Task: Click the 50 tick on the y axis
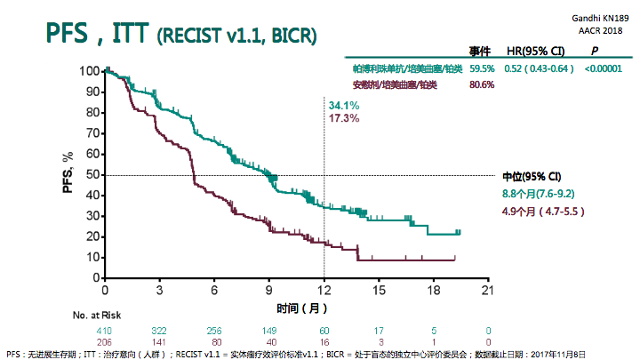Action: coord(92,175)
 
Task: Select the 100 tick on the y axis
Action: coord(89,71)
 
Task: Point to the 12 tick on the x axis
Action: coord(324,291)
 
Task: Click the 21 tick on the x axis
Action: coord(487,291)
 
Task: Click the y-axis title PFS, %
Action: coord(68,172)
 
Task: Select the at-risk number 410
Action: coord(105,330)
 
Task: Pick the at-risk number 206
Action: coord(105,340)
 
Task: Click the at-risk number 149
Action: coord(268,330)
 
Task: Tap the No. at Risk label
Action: coord(99,315)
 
